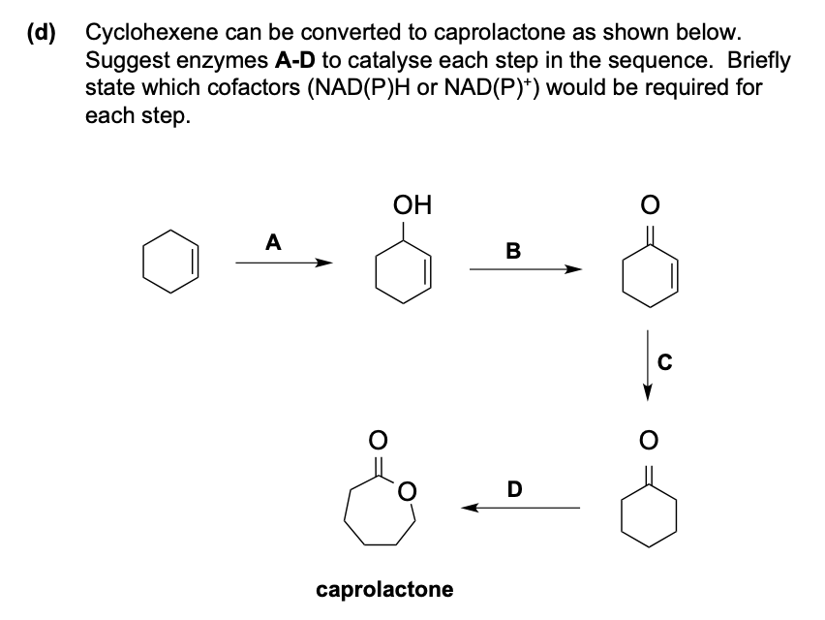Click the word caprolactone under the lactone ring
click(384, 589)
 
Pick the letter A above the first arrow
click(274, 243)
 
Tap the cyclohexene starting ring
click(171, 262)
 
